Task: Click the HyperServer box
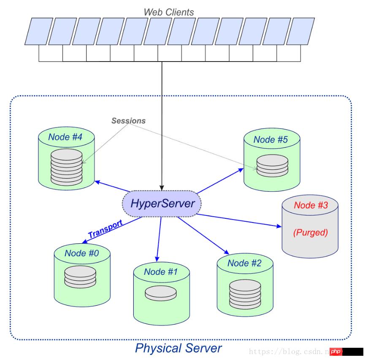[162, 204]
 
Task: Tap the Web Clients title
[169, 12]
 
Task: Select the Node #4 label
[66, 137]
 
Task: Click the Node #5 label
[271, 140]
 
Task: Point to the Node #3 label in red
[311, 205]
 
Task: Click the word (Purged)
[311, 232]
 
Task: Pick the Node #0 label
[82, 253]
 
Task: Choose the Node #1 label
[161, 271]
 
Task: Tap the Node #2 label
[245, 263]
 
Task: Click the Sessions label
[128, 121]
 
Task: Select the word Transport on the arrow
[105, 228]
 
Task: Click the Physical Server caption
[178, 348]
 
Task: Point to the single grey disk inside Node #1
[161, 293]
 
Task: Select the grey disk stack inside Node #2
[244, 294]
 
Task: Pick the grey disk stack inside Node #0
[81, 277]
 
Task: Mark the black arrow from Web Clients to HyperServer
[161, 126]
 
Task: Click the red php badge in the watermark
[336, 351]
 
